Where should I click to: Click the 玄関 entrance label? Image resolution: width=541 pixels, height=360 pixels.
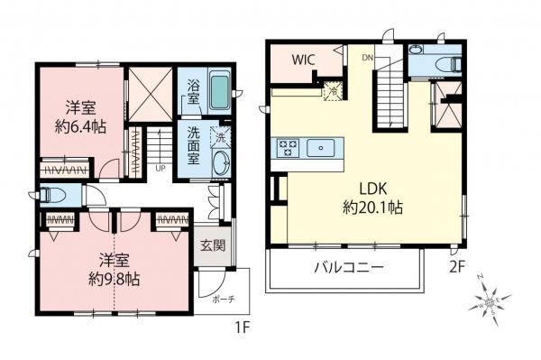[207, 245]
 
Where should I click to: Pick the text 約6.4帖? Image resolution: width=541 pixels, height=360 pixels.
[82, 126]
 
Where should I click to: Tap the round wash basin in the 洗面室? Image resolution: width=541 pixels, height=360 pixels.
[219, 165]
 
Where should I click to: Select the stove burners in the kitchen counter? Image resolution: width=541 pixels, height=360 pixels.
[289, 147]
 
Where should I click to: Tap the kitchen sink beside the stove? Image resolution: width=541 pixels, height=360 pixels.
[321, 147]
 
